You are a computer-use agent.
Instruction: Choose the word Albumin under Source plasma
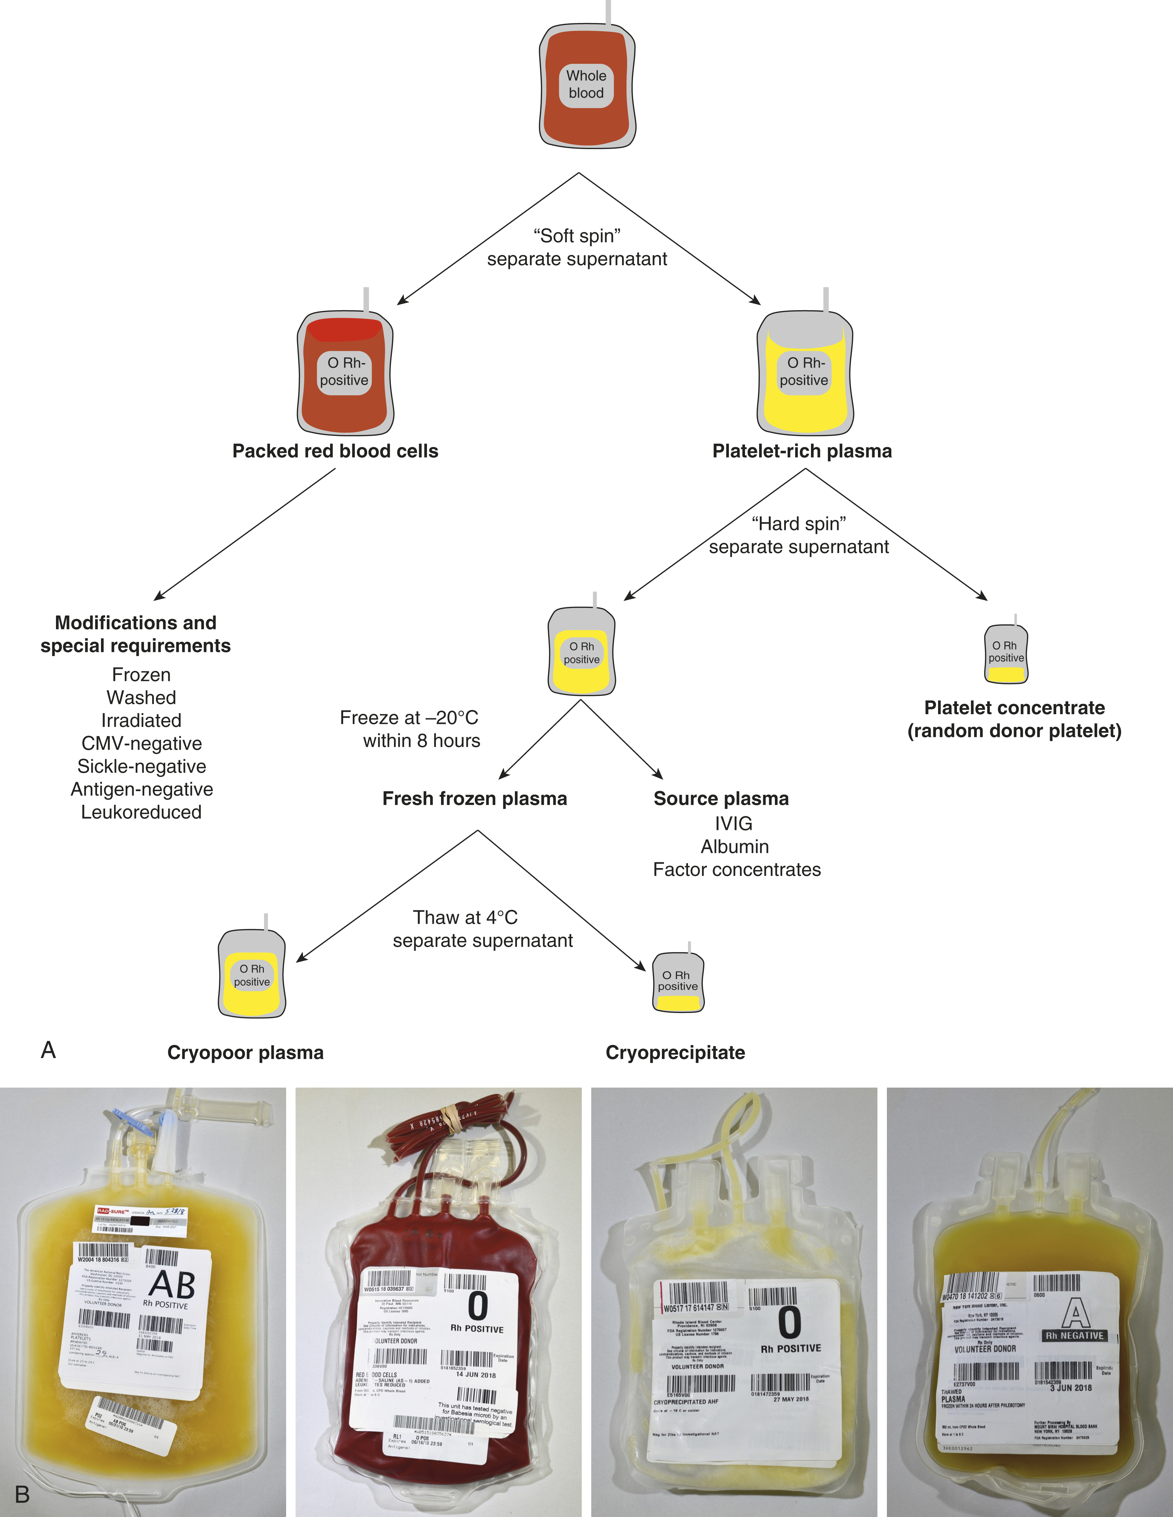click(x=735, y=847)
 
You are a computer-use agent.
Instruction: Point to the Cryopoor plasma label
click(x=245, y=1053)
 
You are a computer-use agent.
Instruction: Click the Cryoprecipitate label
click(x=675, y=1053)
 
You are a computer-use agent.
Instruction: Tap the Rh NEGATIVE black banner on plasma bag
click(x=1074, y=1336)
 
